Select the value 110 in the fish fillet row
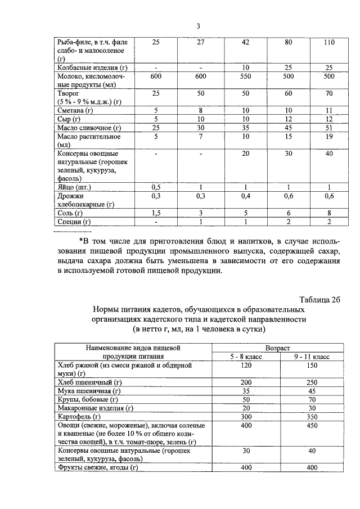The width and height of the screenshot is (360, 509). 330,42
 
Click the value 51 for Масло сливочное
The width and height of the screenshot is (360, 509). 330,129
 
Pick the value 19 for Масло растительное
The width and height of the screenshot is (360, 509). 330,137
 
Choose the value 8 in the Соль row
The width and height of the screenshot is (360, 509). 330,213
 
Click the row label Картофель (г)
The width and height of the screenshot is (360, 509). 79,417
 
